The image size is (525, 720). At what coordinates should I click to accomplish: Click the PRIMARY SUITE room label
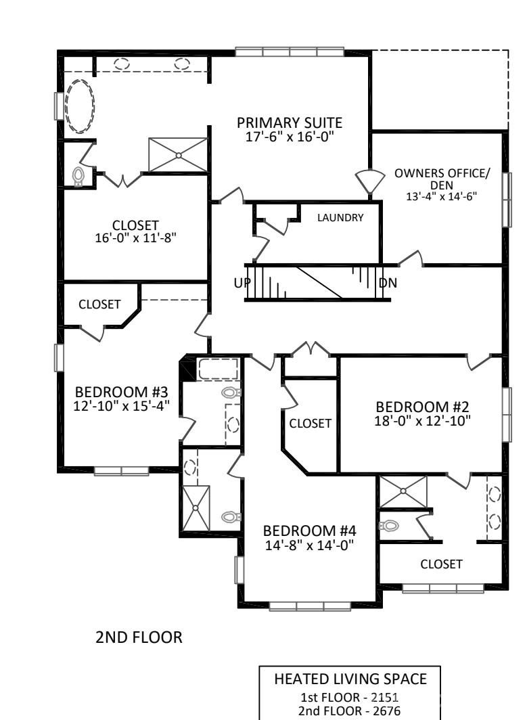pos(289,123)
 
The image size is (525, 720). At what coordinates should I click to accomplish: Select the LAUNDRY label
pos(340,218)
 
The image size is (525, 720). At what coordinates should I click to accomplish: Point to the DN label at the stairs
pos(388,283)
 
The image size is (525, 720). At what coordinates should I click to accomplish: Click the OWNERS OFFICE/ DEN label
pos(442,179)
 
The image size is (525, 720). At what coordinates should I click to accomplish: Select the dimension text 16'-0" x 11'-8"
pos(136,238)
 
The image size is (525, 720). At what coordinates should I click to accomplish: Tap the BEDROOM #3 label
pos(121,392)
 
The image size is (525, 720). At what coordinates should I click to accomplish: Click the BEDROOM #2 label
pos(422,407)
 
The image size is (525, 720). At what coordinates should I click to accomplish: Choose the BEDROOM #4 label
pos(309,530)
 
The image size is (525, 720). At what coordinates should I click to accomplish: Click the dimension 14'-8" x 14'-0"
pos(309,545)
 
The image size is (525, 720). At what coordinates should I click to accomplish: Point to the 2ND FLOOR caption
pos(140,637)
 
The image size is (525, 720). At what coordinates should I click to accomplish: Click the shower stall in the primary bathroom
pos(178,155)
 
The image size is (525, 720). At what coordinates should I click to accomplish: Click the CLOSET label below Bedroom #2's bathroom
pos(441,564)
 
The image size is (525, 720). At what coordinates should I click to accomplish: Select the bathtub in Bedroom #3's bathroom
pos(218,370)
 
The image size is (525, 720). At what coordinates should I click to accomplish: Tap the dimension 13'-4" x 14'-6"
pos(442,196)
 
